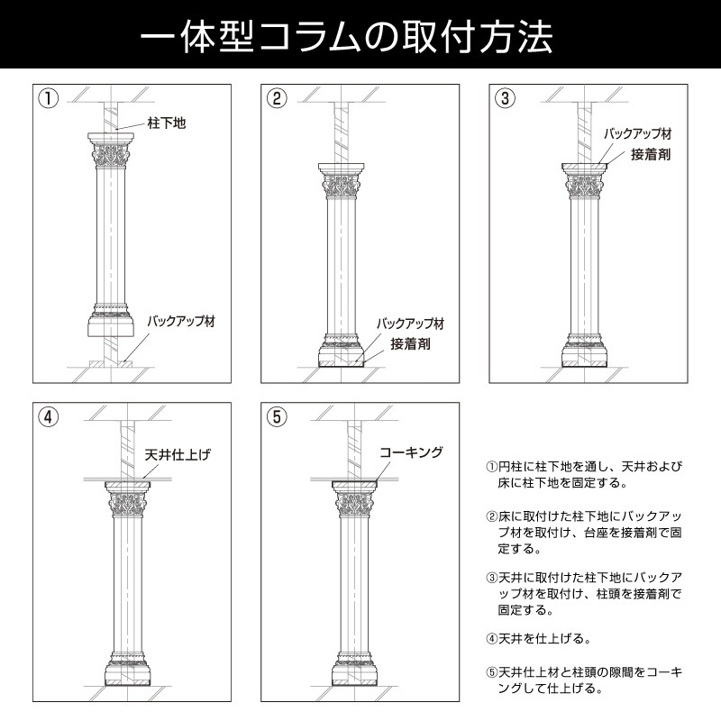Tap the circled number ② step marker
coord(278,98)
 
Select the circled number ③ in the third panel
coord(506,98)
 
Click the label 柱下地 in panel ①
coord(166,123)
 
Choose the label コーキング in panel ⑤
coord(411,452)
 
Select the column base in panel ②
coord(342,351)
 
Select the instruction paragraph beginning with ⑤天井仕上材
coord(584,680)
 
